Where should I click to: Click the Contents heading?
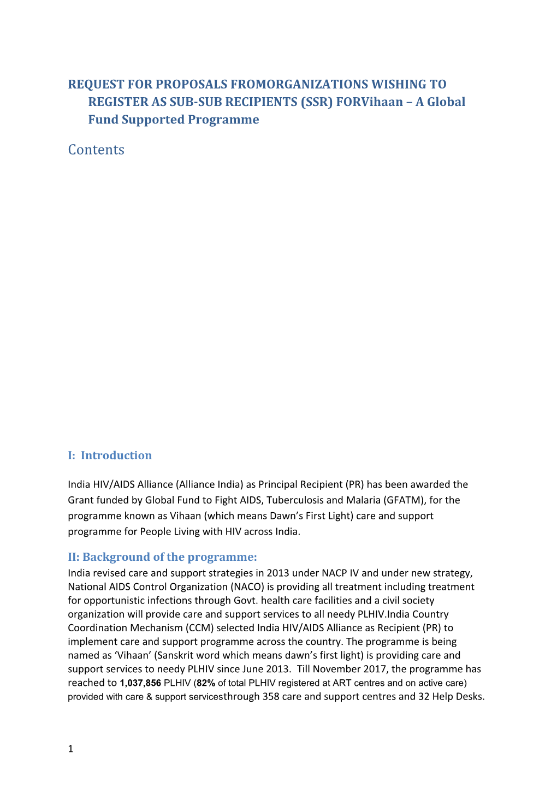tap(96, 150)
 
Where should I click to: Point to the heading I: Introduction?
tap(110, 455)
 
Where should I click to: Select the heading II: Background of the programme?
tap(162, 557)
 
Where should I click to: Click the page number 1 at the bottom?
tap(70, 749)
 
